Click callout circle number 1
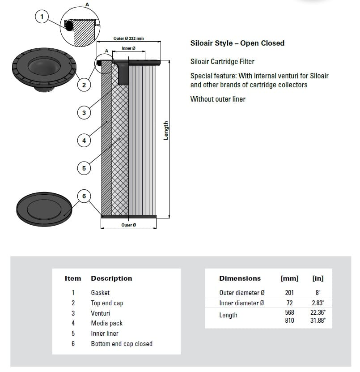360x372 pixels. pos(42,17)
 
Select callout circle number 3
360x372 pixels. pos(84,113)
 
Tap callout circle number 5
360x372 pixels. pos(84,168)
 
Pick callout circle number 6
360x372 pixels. pos(84,196)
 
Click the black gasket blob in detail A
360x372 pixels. pos(69,26)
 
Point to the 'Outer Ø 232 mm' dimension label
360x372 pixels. pos(128,38)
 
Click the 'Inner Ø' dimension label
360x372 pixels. pos(128,48)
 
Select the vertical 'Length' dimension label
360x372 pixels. pos(165,130)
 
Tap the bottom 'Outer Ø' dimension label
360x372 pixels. pos(128,225)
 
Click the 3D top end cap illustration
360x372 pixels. pos(44,69)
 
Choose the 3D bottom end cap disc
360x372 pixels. pos(44,209)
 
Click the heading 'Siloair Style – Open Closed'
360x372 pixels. pos(237,43)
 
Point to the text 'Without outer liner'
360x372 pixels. pos(218,99)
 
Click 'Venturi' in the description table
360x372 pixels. pos(101,313)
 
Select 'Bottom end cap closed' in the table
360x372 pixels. pos(122,343)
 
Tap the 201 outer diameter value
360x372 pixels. pos(289,292)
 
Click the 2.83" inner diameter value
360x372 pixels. pos(318,303)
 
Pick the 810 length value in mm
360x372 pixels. pos(289,320)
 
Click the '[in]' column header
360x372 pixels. pos(318,278)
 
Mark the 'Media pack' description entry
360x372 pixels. pos(106,323)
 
